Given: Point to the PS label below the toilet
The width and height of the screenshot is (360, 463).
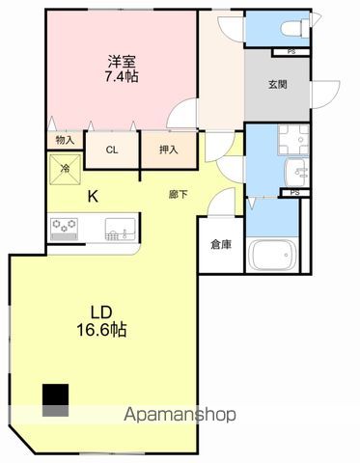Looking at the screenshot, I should (x=291, y=51).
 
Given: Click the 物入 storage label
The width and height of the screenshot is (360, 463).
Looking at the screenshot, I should (x=65, y=140).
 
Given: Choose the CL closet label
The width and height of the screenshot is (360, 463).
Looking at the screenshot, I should (x=112, y=150).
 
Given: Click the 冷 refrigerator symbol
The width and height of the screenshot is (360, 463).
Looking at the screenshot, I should (x=66, y=168).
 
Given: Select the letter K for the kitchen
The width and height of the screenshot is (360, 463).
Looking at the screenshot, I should (x=94, y=198).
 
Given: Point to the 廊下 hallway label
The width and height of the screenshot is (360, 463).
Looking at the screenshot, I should (x=178, y=195).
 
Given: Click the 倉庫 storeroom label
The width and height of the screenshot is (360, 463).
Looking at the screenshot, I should (x=221, y=245).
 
